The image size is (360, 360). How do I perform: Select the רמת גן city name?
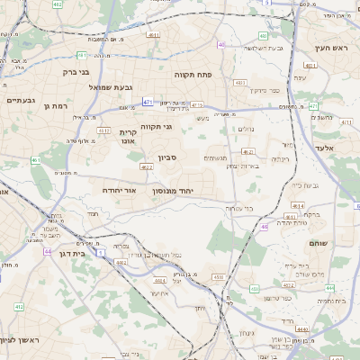[55, 106]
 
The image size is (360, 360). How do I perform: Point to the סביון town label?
[168, 158]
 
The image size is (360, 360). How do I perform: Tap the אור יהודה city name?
[117, 191]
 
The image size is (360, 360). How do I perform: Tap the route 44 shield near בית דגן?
[101, 255]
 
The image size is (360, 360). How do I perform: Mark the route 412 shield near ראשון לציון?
[19, 307]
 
